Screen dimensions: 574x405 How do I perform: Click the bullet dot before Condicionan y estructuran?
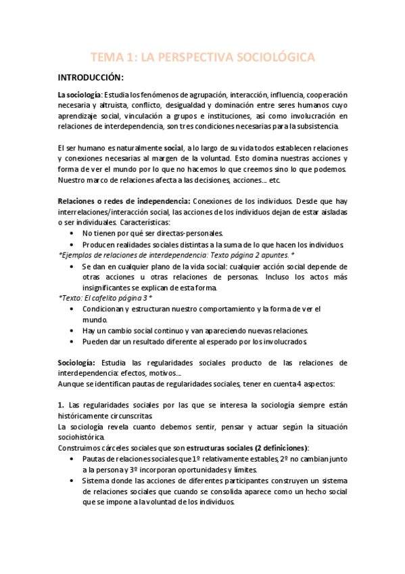pos(73,308)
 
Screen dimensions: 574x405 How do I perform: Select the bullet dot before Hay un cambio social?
pos(73,330)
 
